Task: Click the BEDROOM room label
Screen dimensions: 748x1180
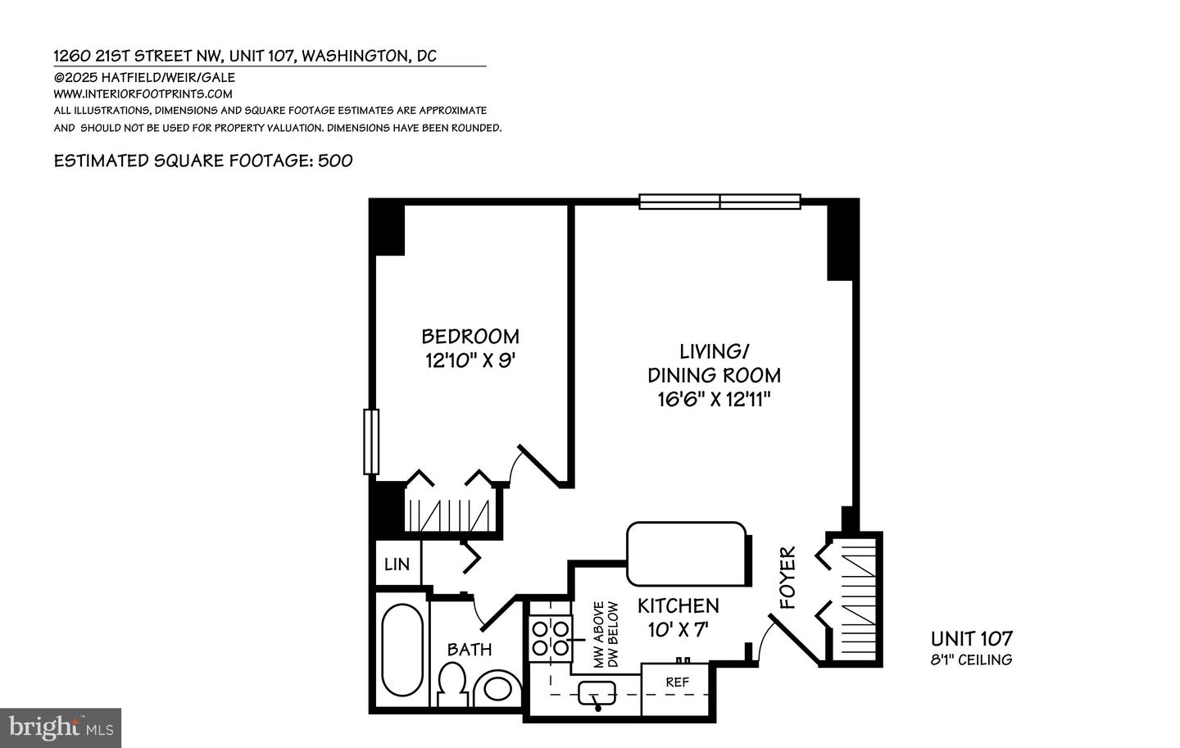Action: [x=470, y=336]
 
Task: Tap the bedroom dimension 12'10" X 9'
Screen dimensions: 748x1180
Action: [x=470, y=360]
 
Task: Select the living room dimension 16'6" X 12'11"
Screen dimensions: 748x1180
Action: [x=714, y=400]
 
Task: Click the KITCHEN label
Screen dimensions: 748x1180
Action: [x=678, y=605]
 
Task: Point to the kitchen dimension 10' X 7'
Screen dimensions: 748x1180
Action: [x=678, y=630]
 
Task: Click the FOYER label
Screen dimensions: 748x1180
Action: [x=787, y=578]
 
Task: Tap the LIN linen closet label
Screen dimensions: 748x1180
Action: [x=397, y=564]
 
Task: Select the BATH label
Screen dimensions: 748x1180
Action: [x=470, y=650]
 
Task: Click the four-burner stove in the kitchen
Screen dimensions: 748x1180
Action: [x=550, y=637]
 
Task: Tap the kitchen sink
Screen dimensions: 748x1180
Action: [x=597, y=694]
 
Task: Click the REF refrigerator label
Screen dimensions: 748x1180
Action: [x=677, y=682]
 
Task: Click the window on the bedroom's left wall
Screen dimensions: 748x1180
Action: [x=371, y=442]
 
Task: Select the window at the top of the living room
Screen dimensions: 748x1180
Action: [x=719, y=202]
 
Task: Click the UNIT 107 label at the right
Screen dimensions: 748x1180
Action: [x=972, y=639]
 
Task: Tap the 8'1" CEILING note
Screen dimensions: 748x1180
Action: [x=972, y=660]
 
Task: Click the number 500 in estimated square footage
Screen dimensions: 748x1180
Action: [x=335, y=161]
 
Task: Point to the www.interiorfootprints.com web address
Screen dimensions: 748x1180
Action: [x=143, y=93]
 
